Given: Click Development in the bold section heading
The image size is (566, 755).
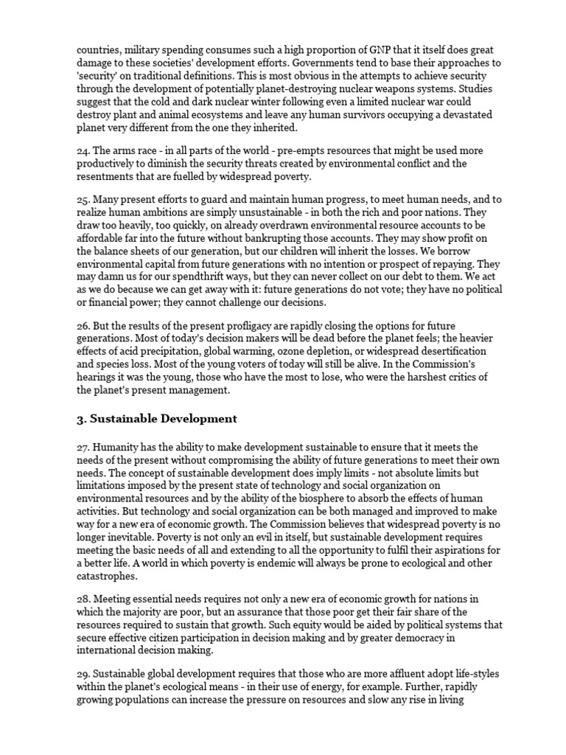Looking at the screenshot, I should (x=195, y=419).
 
